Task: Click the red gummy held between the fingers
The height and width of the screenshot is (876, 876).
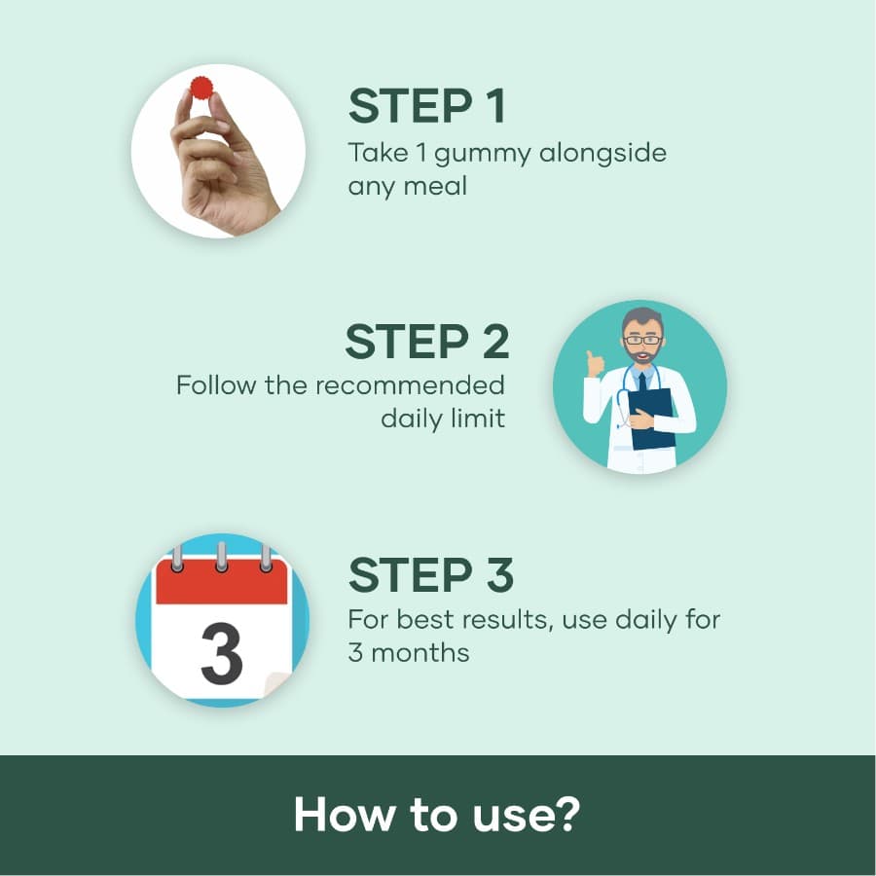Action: pos(201,89)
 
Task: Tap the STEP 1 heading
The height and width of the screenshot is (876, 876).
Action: pos(427,106)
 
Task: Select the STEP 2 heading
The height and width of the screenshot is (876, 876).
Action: pos(427,342)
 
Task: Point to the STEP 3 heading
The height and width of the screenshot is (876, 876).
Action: pos(431,575)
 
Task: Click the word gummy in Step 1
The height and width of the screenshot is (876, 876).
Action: pos(483,155)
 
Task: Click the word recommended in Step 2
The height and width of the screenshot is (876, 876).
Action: pos(410,385)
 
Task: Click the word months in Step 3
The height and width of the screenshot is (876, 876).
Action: pos(420,652)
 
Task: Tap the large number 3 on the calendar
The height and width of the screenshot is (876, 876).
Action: pos(221,654)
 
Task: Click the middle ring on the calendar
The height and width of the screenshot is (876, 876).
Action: pos(221,557)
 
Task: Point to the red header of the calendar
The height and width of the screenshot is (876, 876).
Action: pos(221,582)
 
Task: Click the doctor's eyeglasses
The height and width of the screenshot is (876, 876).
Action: pos(643,340)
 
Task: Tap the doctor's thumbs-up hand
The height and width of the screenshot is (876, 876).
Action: pos(595,364)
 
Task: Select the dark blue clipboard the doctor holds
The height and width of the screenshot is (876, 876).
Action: pos(652,419)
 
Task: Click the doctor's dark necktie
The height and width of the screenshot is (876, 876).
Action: pos(642,382)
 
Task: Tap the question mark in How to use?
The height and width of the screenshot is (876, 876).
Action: pos(567,814)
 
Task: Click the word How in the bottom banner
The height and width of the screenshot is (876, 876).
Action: pos(344,815)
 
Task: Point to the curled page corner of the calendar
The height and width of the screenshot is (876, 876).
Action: pos(275,685)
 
